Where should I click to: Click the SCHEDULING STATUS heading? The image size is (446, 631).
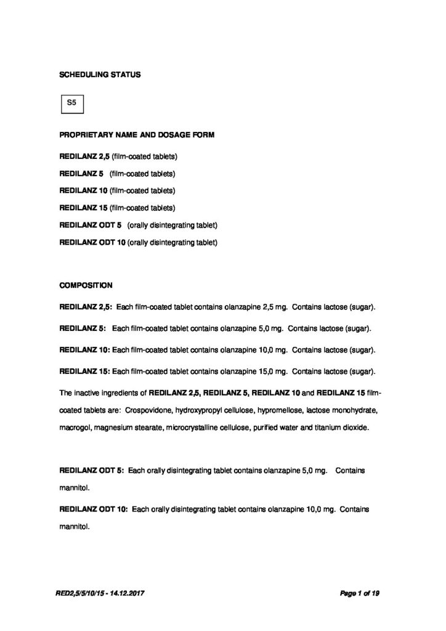(x=99, y=75)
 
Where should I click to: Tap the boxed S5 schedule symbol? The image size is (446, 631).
(x=71, y=104)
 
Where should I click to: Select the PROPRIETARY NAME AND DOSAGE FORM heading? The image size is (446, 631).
(x=137, y=135)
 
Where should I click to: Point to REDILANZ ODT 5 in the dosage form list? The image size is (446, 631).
(x=90, y=226)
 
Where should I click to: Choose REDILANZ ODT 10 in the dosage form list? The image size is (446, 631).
(x=92, y=243)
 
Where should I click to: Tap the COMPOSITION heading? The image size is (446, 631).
(x=86, y=285)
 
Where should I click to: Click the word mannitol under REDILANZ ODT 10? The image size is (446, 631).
(x=75, y=527)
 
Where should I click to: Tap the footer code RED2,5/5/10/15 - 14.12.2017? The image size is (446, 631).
(x=102, y=593)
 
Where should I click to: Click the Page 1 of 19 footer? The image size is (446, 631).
(x=360, y=593)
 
